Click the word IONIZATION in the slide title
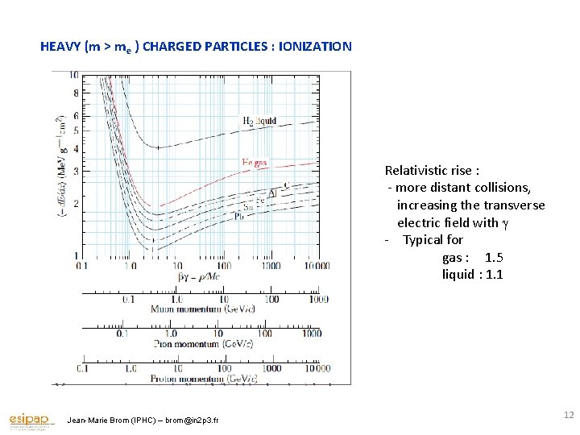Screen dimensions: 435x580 [315, 47]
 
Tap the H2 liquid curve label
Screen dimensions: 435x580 [259, 121]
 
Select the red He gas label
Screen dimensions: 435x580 [255, 162]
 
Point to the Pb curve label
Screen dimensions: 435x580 [239, 217]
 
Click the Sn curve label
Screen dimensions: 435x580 [249, 207]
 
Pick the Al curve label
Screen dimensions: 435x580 [272, 194]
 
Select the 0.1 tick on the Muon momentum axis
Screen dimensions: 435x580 [128, 299]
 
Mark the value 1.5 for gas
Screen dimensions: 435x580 [494, 257]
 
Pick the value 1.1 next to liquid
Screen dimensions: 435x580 [494, 275]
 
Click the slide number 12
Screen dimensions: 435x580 [569, 414]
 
